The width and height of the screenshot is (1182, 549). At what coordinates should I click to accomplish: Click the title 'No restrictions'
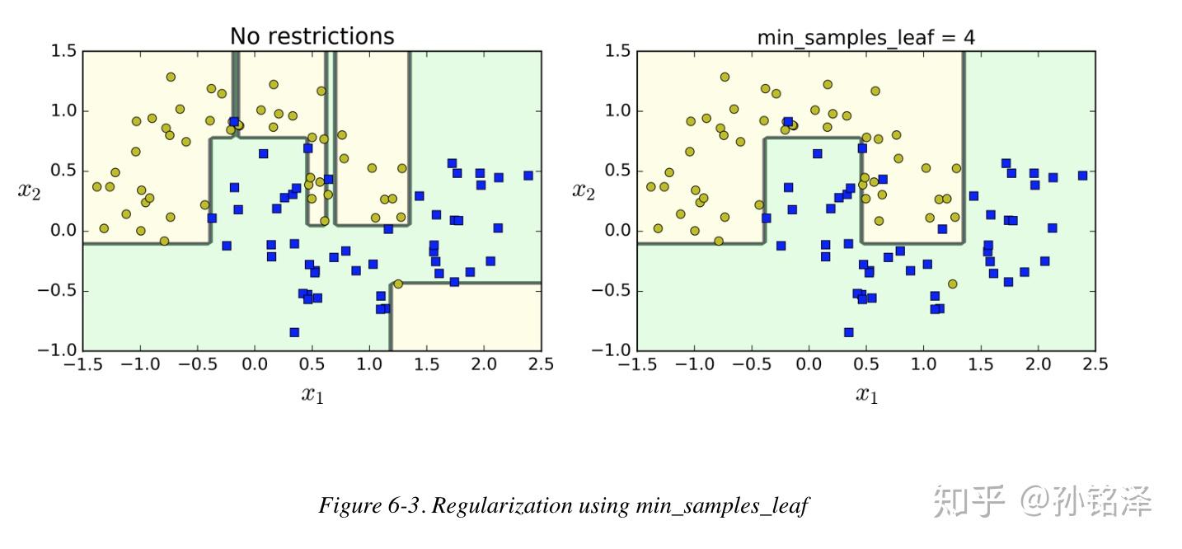(312, 36)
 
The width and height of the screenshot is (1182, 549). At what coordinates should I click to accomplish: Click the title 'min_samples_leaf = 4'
(866, 37)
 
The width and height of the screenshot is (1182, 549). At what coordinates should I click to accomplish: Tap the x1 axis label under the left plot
(312, 395)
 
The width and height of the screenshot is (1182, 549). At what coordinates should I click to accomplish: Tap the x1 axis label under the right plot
(866, 395)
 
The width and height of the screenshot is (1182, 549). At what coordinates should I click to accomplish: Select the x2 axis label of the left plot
(30, 191)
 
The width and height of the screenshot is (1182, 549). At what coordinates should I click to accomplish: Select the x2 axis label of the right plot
(584, 191)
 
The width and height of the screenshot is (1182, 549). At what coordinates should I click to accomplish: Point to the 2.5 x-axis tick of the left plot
(541, 364)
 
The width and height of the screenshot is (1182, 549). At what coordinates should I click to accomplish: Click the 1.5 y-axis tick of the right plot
(618, 51)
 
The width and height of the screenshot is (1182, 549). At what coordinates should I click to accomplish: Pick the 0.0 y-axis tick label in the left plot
(64, 231)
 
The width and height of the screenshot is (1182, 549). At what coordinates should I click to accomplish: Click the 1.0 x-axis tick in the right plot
(923, 364)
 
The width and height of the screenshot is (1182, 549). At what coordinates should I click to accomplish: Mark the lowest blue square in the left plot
(294, 332)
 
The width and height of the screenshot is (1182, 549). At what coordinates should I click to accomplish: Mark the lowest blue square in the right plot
(848, 332)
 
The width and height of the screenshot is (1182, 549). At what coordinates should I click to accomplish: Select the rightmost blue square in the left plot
(528, 176)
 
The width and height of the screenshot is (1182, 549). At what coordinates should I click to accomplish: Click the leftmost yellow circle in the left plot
(96, 187)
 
